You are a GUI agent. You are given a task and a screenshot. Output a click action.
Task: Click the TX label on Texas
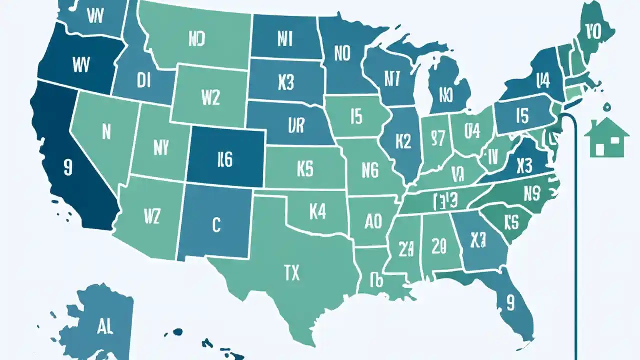tap(291, 273)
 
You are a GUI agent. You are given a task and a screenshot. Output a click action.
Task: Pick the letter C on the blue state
tap(216, 225)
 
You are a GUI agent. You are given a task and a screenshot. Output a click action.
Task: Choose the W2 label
tap(210, 98)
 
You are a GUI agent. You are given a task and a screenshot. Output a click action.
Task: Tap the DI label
tap(143, 82)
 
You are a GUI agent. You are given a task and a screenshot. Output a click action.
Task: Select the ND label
tap(198, 39)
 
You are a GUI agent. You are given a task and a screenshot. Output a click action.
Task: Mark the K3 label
tap(285, 83)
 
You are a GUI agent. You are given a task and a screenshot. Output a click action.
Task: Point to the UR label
tap(296, 126)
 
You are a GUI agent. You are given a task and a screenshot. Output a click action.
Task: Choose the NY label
tap(161, 147)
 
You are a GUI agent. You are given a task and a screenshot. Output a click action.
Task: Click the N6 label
tap(370, 172)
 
